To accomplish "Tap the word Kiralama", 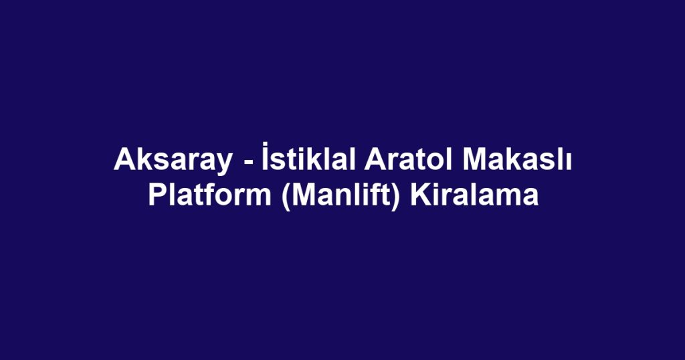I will coord(474,196).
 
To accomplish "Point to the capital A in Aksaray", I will coord(123,161).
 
